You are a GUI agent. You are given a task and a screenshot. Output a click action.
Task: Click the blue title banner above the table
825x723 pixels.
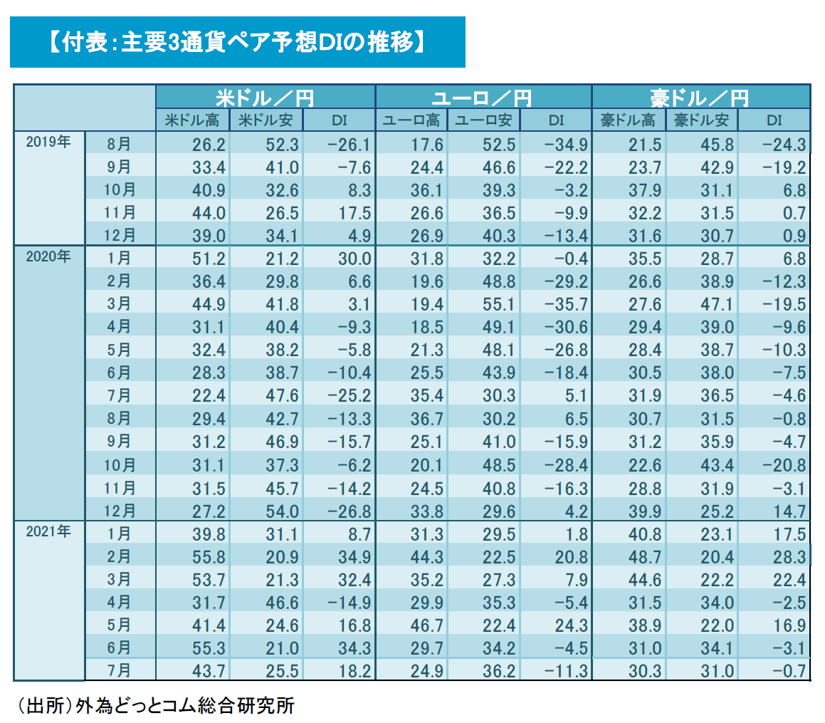tap(237, 42)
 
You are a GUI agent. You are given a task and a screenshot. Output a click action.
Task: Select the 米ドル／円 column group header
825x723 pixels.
tap(265, 97)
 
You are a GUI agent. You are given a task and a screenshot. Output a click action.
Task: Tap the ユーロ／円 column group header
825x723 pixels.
tap(483, 97)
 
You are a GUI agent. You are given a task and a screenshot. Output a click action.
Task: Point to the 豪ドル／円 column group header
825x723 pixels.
tap(700, 97)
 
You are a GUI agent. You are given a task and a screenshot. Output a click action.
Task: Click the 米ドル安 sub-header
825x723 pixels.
tap(266, 120)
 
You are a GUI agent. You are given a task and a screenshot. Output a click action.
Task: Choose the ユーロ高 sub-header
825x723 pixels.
tap(411, 120)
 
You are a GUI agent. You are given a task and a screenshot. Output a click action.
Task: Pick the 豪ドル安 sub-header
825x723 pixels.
tap(701, 120)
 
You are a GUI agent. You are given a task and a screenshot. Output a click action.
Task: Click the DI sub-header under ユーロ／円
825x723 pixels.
tap(555, 120)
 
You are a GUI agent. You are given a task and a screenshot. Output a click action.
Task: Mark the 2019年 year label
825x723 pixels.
tap(48, 142)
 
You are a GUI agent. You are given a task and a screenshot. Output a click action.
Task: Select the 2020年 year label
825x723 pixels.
tap(48, 257)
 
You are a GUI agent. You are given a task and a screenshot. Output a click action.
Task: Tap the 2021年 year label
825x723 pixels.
tap(48, 532)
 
